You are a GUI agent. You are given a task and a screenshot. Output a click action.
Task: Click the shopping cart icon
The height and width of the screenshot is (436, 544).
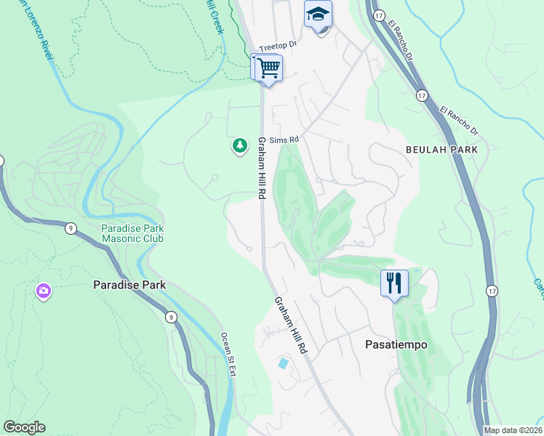[x=268, y=68]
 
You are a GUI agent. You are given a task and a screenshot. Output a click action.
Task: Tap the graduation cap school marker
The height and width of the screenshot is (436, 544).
[x=318, y=15]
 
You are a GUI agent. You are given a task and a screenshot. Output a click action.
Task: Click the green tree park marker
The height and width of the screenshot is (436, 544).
[x=239, y=146]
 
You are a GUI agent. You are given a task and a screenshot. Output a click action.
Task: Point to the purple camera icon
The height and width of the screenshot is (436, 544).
[x=43, y=291]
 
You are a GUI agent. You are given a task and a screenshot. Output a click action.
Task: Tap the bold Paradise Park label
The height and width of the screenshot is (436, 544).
[x=129, y=285]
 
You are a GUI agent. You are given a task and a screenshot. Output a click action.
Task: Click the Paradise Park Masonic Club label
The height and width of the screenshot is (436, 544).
[x=131, y=233]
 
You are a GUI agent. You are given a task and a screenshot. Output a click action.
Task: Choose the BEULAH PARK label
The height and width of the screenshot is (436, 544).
[x=441, y=150]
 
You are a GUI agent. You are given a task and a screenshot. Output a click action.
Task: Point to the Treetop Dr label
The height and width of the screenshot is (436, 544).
[x=279, y=45]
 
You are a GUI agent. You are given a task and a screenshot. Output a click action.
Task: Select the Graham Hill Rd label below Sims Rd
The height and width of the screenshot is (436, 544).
[x=260, y=169]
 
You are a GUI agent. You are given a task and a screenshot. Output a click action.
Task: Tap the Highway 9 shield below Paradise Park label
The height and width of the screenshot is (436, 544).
[x=169, y=316]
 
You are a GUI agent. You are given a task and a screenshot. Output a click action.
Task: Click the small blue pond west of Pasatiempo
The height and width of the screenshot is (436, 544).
[x=282, y=362]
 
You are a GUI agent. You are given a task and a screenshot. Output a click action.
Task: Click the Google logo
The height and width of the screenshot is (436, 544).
[x=24, y=427]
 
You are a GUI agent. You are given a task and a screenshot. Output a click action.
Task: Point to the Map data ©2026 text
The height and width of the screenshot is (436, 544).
[x=513, y=430]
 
